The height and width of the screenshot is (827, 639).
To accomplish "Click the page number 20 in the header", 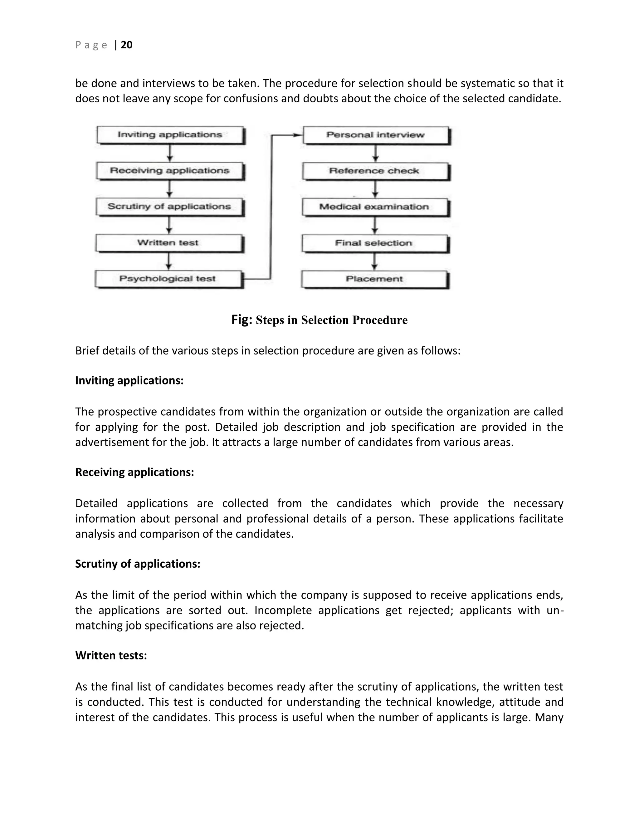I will (x=126, y=45).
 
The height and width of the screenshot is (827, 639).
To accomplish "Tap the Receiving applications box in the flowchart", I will (x=170, y=171).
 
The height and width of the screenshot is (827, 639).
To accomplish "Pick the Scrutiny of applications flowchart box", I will (x=169, y=207).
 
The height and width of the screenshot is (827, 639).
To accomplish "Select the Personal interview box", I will (x=376, y=135).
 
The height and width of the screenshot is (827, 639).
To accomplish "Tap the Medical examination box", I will (x=374, y=207).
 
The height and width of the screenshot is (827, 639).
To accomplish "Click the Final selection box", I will (x=374, y=243).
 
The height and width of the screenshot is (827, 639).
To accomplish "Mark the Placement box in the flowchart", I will (x=374, y=279).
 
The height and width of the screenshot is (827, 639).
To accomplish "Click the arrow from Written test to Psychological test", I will (x=169, y=261).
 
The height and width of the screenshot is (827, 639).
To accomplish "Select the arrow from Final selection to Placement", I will (x=374, y=262).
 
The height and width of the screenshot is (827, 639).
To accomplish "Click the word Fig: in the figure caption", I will (x=241, y=320).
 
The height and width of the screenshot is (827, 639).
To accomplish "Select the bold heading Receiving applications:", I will (x=134, y=472).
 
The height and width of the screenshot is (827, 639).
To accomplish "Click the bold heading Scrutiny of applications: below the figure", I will (x=137, y=564).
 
